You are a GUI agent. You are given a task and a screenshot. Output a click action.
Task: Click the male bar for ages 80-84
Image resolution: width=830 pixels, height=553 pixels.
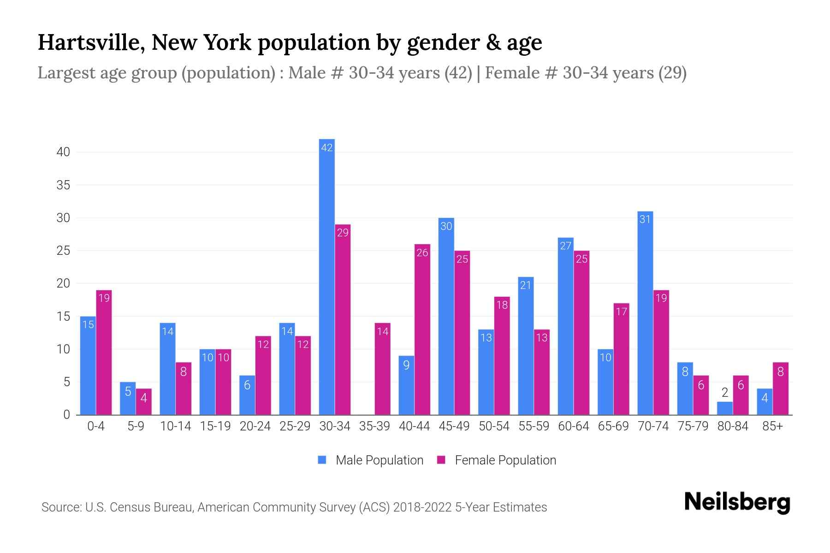tap(725, 408)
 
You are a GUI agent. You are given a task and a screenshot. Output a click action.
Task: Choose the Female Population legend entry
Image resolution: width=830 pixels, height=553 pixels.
tap(497, 460)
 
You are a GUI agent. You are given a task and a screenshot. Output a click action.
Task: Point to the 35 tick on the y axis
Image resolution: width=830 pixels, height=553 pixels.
tap(63, 185)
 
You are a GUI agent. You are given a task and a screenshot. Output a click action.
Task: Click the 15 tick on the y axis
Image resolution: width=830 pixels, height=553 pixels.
tap(63, 317)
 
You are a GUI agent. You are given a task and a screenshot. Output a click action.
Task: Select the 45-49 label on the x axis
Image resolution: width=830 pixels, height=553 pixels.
tap(454, 426)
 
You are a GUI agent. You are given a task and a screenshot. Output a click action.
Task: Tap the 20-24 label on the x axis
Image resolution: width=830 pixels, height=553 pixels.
tap(255, 426)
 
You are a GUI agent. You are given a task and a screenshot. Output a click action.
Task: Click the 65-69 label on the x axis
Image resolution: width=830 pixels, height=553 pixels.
tap(613, 426)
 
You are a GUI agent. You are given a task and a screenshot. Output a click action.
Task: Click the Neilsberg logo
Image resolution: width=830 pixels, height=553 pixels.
tap(737, 502)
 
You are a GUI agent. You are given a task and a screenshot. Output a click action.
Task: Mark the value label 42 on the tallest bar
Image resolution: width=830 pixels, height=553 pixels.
tap(326, 147)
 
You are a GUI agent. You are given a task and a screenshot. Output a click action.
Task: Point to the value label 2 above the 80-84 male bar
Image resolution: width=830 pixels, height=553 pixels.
tap(725, 393)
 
